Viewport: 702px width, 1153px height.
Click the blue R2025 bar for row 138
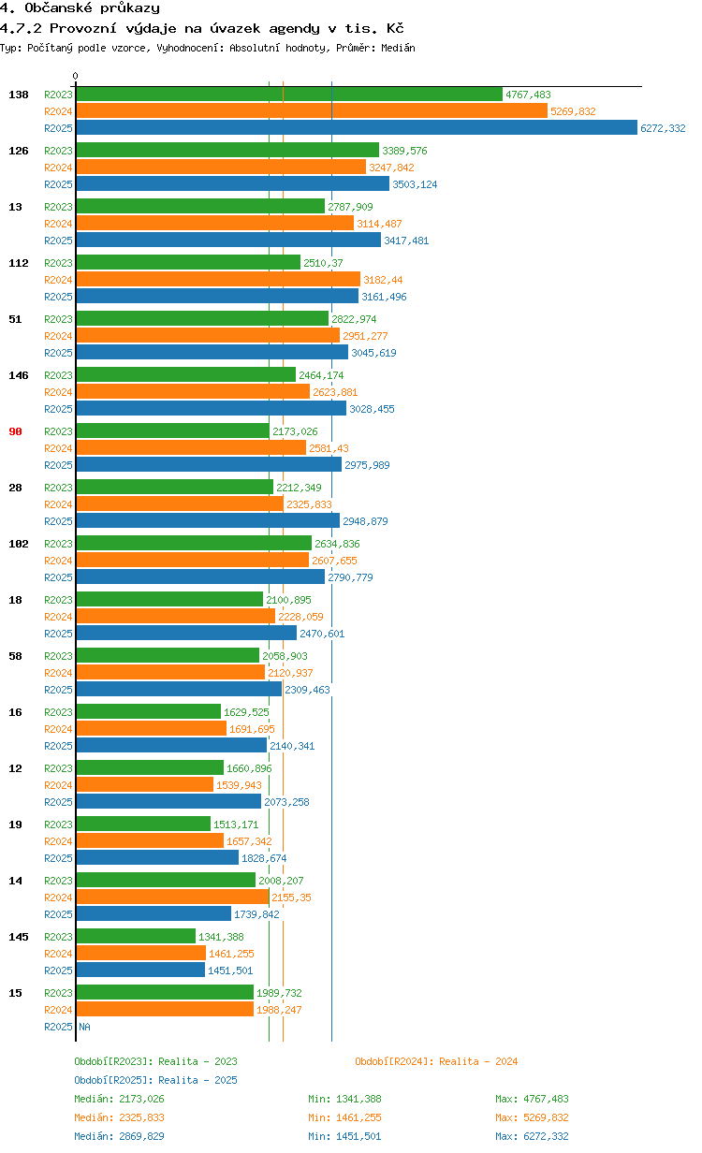point(356,128)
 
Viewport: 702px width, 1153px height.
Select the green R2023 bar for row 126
point(227,150)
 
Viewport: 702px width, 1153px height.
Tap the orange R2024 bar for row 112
point(218,279)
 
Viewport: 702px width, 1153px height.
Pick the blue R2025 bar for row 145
point(140,971)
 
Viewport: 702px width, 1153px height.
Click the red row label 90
point(15,431)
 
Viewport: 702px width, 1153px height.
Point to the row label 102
point(18,544)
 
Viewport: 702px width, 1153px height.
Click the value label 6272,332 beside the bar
point(663,128)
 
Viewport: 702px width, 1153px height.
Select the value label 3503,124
point(415,184)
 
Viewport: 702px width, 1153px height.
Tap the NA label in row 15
point(84,1027)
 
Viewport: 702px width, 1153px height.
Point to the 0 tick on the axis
point(76,76)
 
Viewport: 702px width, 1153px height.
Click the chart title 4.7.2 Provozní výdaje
point(201,28)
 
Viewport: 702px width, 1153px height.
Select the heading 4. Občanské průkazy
point(80,8)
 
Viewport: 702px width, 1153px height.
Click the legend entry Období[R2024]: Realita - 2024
point(436,1061)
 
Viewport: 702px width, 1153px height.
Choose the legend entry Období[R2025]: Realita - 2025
point(155,1080)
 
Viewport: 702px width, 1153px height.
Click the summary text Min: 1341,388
point(344,1099)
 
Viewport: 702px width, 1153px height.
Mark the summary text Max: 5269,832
point(532,1117)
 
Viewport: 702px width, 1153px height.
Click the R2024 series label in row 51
point(58,336)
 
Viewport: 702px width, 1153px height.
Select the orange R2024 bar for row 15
point(165,1010)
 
